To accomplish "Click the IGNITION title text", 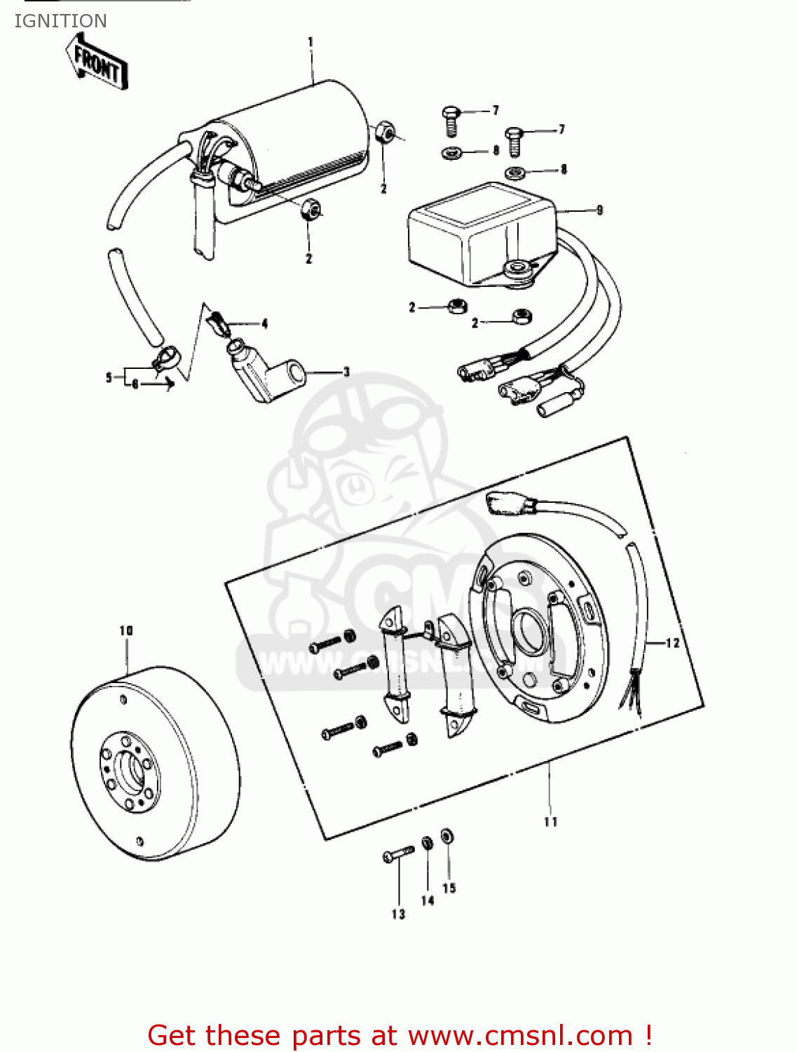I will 60,21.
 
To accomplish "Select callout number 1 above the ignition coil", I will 311,42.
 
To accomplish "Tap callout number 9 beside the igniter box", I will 599,210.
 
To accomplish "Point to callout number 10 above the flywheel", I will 126,630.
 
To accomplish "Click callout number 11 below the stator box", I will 551,821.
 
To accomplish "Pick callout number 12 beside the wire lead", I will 672,642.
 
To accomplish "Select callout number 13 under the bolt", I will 398,914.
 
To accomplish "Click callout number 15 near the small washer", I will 449,888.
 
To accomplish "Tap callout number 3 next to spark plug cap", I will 346,372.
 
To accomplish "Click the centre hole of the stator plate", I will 530,629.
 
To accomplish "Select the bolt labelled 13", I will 397,854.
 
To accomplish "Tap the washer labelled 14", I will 427,843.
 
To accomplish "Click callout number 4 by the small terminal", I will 264,323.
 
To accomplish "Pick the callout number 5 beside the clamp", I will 109,377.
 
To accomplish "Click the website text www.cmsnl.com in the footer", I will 520,1035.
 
